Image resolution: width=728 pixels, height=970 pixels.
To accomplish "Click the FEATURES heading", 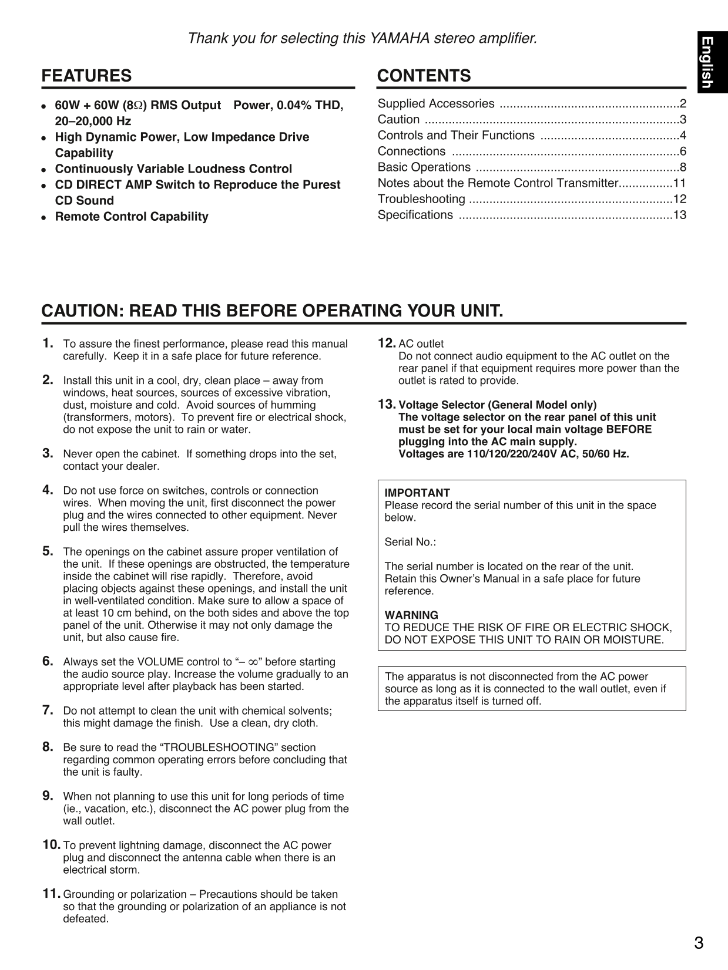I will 86,76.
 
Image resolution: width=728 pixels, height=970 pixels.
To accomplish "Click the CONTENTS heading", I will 424,76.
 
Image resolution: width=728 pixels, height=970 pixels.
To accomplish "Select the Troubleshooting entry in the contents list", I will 421,199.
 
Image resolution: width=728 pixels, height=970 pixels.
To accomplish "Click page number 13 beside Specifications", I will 679,215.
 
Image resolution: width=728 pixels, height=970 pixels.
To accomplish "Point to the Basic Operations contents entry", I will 424,167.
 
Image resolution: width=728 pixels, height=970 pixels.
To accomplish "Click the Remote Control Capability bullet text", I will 132,217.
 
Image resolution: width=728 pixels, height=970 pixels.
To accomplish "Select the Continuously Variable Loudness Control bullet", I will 173,169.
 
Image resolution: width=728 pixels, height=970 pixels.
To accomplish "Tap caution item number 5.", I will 48,551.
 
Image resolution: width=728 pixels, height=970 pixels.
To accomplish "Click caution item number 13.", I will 386,404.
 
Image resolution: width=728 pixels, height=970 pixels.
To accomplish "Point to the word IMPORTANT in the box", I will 417,493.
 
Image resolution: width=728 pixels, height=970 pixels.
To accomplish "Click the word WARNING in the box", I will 411,615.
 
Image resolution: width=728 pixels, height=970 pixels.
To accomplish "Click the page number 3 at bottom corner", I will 698,944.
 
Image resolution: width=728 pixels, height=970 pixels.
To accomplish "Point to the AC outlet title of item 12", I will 421,344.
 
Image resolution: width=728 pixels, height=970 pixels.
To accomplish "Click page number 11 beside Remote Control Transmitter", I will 679,183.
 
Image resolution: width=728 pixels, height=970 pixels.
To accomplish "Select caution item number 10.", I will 51,845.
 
